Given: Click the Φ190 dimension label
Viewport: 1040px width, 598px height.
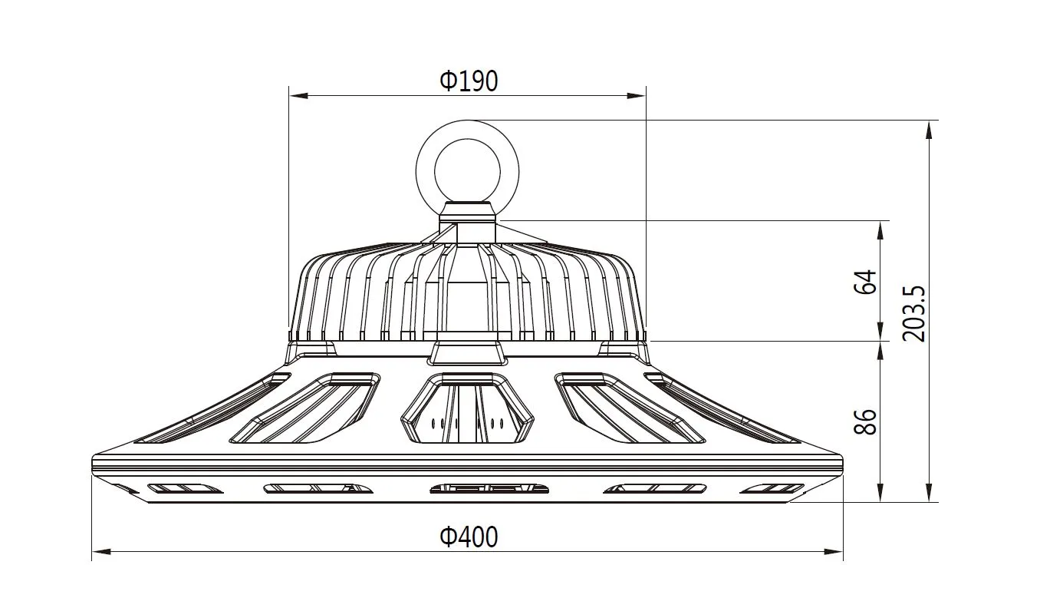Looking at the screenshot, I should [x=469, y=81].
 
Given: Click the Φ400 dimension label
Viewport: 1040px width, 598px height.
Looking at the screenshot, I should [x=469, y=537].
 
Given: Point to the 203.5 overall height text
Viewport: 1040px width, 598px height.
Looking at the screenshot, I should [x=915, y=314].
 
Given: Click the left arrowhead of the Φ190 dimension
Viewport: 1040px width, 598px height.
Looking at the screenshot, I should [x=298, y=96].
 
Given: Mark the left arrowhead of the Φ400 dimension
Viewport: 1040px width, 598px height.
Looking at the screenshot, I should [x=101, y=551].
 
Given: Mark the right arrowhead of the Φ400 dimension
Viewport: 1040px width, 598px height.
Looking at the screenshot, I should [x=834, y=551].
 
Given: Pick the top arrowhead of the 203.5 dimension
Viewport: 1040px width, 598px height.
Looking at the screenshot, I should [x=929, y=129].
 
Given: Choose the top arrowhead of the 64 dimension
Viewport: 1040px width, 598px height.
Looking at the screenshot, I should [x=880, y=229].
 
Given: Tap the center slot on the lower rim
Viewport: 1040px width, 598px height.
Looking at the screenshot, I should [x=489, y=488].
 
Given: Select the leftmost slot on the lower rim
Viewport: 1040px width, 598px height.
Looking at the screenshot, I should [x=184, y=488].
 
